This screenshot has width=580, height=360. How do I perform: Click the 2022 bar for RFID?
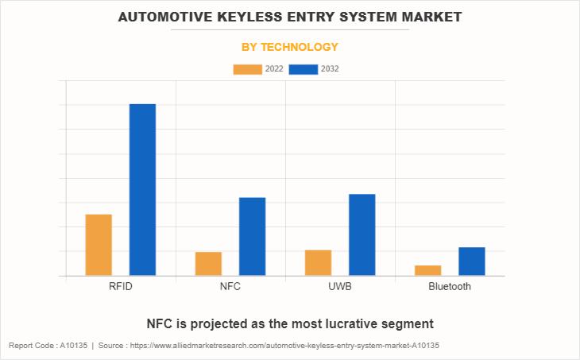click(99, 245)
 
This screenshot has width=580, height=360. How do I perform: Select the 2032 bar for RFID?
click(142, 190)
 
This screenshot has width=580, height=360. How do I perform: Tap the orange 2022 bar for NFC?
click(208, 264)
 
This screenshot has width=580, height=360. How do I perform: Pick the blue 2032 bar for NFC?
click(252, 236)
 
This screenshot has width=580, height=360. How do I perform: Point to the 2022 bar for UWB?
click(318, 263)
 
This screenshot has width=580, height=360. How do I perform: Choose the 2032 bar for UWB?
click(362, 234)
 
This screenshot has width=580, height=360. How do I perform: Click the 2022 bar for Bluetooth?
click(427, 270)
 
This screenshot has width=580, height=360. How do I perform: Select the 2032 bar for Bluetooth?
click(471, 261)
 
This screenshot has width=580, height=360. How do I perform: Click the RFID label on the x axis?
click(121, 286)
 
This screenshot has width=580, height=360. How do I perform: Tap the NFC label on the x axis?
click(230, 286)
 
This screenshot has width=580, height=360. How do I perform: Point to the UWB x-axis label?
click(339, 286)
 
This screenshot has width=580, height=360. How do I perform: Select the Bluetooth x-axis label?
click(450, 286)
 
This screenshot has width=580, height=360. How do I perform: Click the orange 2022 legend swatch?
click(247, 69)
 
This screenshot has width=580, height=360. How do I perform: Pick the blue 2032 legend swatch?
click(304, 69)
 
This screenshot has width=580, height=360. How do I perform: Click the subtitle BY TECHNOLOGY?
click(290, 47)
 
